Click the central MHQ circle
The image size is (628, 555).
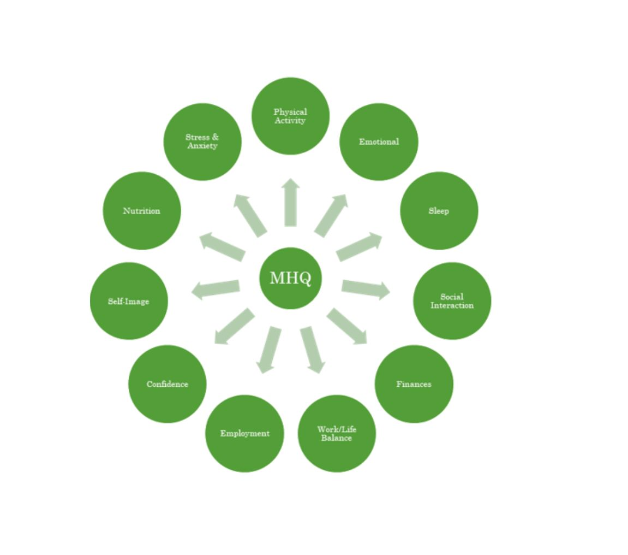(x=290, y=278)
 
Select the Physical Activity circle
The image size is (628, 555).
(x=290, y=116)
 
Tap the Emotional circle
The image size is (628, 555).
(x=379, y=141)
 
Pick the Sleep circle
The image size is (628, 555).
(x=439, y=211)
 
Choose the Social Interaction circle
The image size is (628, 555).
(x=452, y=301)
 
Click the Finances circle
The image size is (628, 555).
(x=414, y=384)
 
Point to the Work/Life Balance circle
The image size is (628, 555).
(x=337, y=433)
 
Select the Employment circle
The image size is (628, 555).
(x=244, y=433)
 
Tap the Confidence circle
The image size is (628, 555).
(x=167, y=384)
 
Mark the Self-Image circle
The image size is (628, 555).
(x=129, y=301)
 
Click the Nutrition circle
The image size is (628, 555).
(x=142, y=211)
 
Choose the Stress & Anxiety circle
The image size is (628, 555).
(x=202, y=141)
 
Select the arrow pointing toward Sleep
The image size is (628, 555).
(x=358, y=247)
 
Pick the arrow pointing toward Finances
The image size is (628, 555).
(x=347, y=327)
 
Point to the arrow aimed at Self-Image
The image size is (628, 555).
(x=216, y=289)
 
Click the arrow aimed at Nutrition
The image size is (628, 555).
(x=223, y=247)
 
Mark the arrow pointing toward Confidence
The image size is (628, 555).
(x=235, y=327)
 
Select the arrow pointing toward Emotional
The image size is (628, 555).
(x=331, y=216)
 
